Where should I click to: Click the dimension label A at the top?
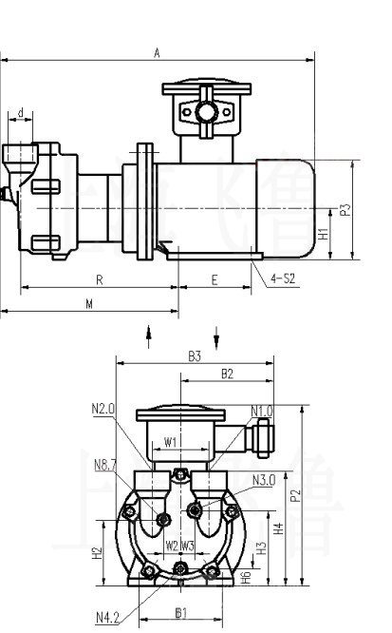point(158,53)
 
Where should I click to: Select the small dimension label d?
point(20,113)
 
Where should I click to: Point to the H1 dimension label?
point(324,233)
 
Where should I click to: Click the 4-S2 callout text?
point(282,278)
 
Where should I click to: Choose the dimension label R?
point(99,279)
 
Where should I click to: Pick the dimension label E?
point(215,279)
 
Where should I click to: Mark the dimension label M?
point(89,303)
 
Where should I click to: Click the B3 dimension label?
point(194,355)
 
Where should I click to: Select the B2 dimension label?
point(227,374)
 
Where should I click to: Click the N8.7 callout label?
point(105,465)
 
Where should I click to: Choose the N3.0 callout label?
point(263,480)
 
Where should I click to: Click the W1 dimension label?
point(169,442)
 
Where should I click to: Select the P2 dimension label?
point(295,494)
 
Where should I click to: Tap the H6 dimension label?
point(245,576)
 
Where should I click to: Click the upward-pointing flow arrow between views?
point(148,336)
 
